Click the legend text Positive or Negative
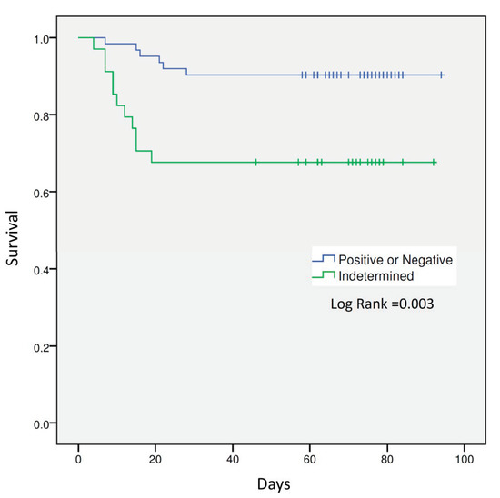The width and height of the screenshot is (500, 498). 395,259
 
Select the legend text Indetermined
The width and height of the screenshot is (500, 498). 373,275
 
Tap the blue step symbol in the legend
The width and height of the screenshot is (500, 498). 324,259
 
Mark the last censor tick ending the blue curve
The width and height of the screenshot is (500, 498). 441,75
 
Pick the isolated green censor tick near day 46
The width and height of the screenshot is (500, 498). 256,162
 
